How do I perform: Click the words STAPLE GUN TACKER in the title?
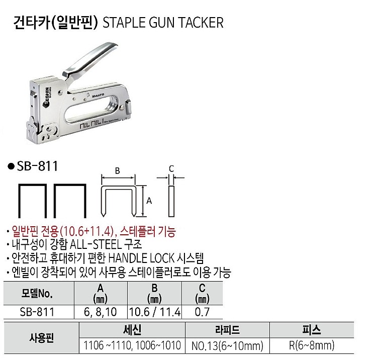coord(163,23)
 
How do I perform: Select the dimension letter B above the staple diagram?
coord(118,171)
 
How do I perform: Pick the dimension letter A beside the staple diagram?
coord(148,200)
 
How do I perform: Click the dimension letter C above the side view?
coord(171,168)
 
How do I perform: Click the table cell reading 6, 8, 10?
coord(101,312)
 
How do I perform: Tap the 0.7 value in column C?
coord(202,312)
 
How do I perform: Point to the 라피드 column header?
coord(227,330)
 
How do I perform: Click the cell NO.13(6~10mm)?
coord(227,345)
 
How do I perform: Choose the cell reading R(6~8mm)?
coord(312,345)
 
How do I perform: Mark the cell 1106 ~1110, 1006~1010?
coord(132,345)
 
